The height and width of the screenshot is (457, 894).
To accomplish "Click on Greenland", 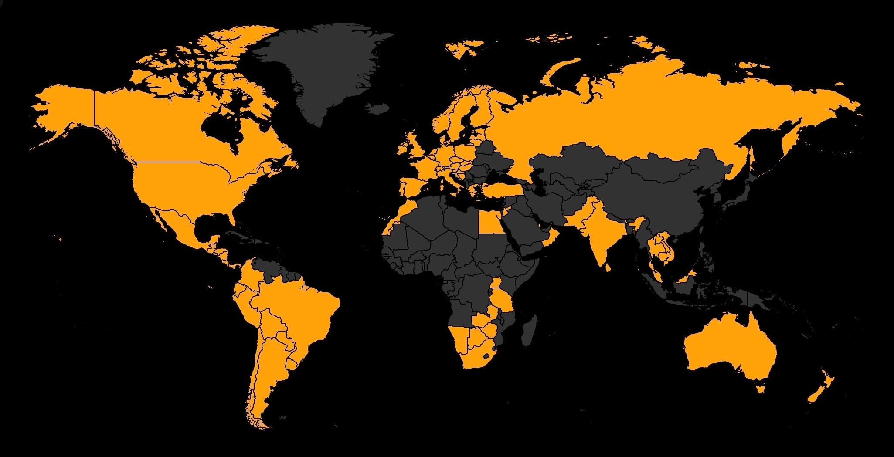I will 323,70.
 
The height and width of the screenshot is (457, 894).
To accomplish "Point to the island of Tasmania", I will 761,387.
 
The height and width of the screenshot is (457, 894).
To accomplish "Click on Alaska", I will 65,109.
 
